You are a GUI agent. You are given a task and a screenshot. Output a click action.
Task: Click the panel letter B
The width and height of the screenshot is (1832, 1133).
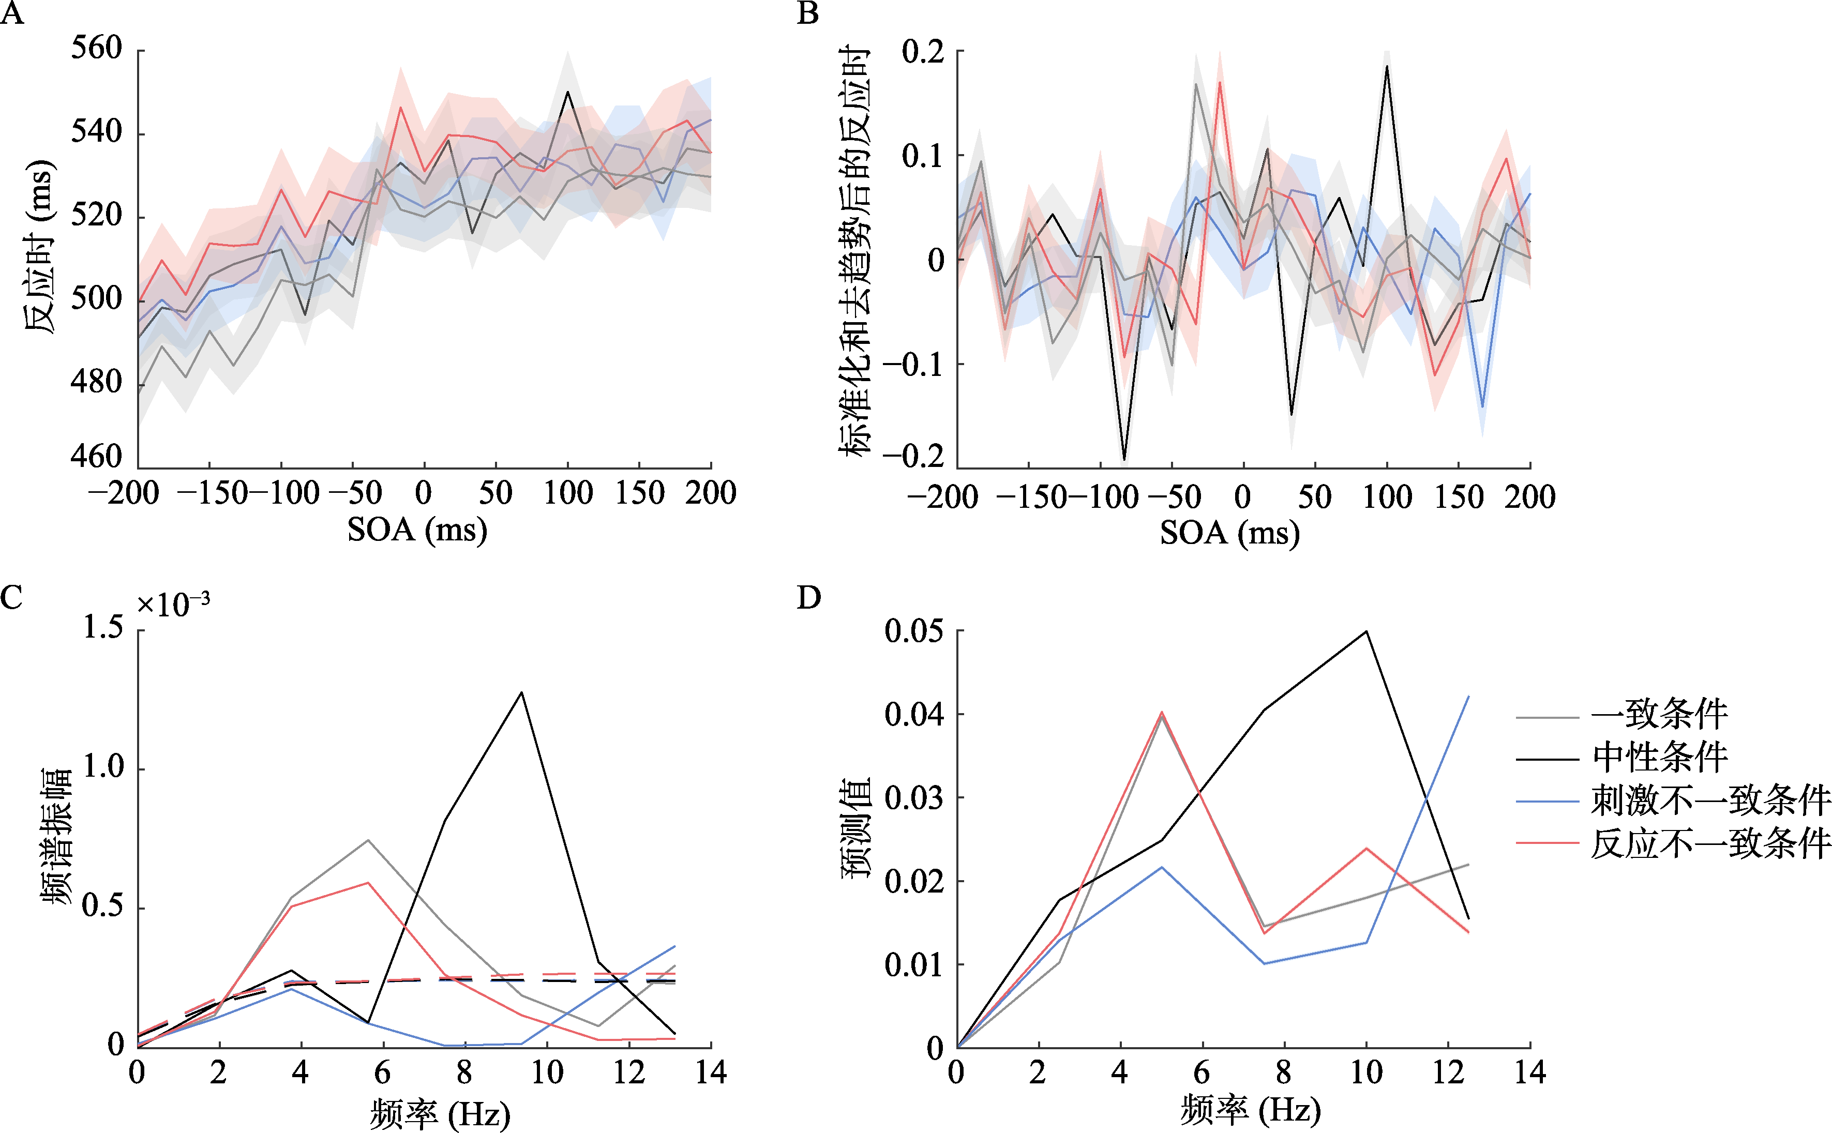tap(808, 13)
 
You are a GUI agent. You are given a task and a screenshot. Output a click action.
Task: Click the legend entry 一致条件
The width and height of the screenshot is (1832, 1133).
tap(1660, 714)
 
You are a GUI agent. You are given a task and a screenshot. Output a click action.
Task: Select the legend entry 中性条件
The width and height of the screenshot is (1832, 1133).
tap(1660, 757)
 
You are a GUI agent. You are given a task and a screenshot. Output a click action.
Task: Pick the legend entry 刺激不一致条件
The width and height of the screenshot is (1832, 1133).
tap(1710, 800)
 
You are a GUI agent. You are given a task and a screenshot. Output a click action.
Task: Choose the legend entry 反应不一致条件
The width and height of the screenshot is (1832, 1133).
tap(1710, 844)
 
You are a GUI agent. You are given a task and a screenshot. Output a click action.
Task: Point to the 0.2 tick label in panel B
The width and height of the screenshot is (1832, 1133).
tap(923, 52)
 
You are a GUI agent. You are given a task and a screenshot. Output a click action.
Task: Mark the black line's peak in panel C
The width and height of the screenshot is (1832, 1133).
tap(521, 692)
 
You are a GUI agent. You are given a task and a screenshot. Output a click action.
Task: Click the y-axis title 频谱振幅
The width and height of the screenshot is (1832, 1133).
tap(57, 836)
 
